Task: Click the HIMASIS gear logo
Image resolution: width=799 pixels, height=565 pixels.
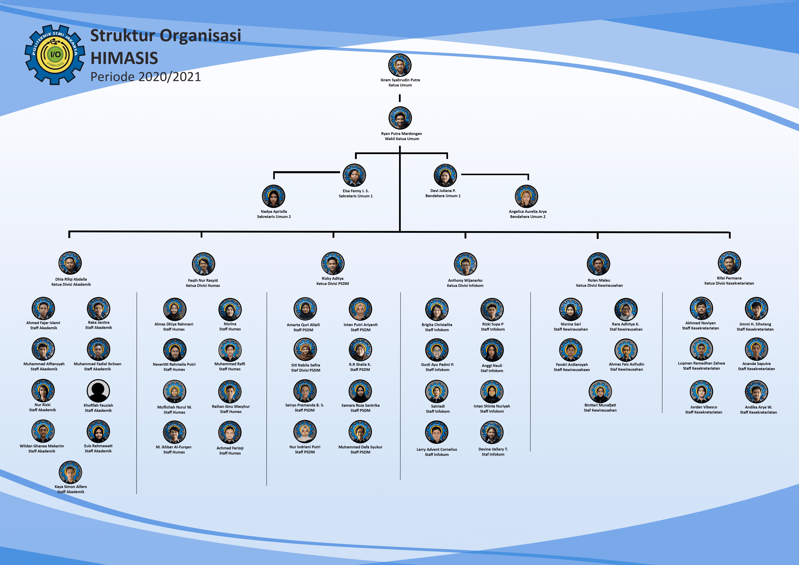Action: coord(55,55)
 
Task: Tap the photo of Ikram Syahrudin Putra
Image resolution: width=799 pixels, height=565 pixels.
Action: coord(400,65)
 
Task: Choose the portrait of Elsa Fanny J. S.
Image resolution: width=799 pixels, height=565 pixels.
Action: coord(354,175)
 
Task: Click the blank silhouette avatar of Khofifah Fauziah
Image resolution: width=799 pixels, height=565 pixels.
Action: coord(98,391)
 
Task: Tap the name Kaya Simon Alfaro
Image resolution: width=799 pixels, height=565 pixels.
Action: coord(71,487)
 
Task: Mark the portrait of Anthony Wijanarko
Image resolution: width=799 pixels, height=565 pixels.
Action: coord(465,264)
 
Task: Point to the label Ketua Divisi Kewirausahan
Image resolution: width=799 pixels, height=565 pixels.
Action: coord(599,285)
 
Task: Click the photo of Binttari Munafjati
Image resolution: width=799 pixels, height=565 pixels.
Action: coord(600,391)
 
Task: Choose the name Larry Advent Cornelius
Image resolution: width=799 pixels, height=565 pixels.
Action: coord(437,449)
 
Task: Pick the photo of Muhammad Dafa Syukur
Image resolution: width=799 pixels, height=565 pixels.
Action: coord(360,432)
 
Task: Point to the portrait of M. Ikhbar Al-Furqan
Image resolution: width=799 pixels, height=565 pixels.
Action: coord(174,432)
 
